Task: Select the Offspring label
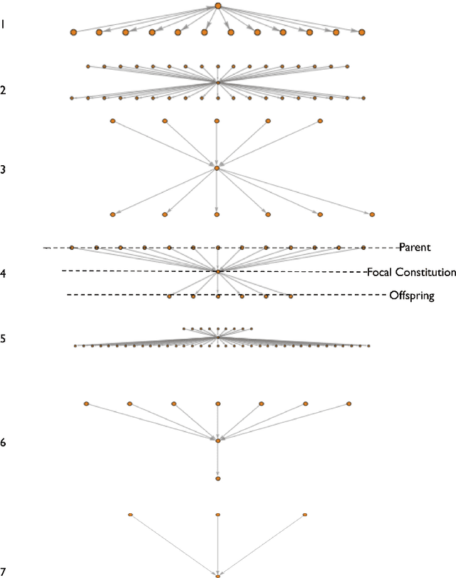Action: pyautogui.click(x=412, y=295)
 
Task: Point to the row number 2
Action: pyautogui.click(x=4, y=90)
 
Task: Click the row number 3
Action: pyautogui.click(x=4, y=169)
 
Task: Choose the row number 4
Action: pyautogui.click(x=4, y=273)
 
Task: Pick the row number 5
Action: pyautogui.click(x=4, y=338)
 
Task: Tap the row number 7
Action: pyautogui.click(x=4, y=572)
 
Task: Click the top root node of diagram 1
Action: pyautogui.click(x=218, y=6)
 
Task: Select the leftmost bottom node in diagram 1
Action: pyautogui.click(x=73, y=32)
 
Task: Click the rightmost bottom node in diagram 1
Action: pyautogui.click(x=362, y=32)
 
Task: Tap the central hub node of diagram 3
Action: pyautogui.click(x=217, y=168)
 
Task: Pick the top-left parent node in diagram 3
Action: pyautogui.click(x=113, y=121)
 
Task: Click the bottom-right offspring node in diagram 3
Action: pyautogui.click(x=372, y=214)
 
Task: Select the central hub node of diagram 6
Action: pyautogui.click(x=218, y=441)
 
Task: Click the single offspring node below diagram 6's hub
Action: pyautogui.click(x=218, y=479)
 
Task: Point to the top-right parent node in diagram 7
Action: pyautogui.click(x=305, y=515)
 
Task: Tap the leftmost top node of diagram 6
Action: pyautogui.click(x=86, y=404)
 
